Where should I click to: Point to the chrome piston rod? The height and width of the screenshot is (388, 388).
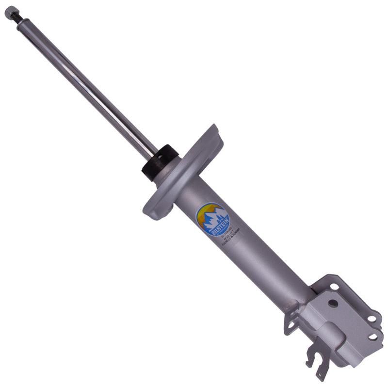pyautogui.click(x=87, y=87)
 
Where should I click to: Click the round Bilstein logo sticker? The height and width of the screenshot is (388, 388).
pyautogui.click(x=212, y=220)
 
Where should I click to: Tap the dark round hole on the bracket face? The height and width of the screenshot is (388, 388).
pyautogui.click(x=332, y=303)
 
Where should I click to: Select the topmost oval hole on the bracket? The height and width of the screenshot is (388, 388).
pyautogui.click(x=335, y=287)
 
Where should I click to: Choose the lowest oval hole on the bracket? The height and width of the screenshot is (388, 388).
pyautogui.click(x=372, y=336)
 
